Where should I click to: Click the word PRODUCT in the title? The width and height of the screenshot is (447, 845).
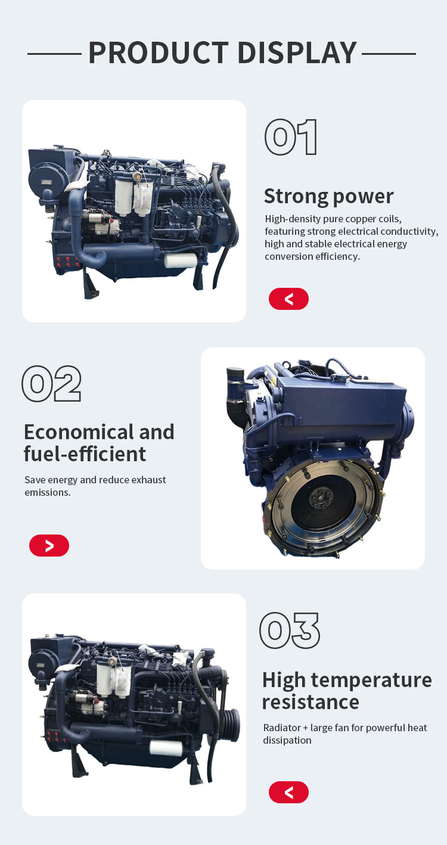(x=159, y=52)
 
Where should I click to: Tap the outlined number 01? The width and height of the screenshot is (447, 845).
(x=291, y=137)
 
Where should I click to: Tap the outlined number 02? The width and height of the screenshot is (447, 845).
(x=51, y=383)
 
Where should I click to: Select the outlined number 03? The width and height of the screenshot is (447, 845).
(x=290, y=630)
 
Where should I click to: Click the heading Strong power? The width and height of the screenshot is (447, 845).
(x=328, y=196)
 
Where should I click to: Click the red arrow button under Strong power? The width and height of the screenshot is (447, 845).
(x=288, y=299)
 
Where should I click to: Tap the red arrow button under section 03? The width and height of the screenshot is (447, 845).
(x=288, y=792)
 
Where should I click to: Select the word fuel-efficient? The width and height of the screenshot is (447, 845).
(x=85, y=454)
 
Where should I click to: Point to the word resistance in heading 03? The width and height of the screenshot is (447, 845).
(x=311, y=703)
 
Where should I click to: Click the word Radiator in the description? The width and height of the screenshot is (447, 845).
(x=281, y=728)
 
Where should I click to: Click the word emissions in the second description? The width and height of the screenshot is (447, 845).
(x=48, y=492)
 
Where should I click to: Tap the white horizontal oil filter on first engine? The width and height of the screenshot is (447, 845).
(x=181, y=260)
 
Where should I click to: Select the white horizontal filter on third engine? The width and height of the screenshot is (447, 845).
(x=166, y=747)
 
